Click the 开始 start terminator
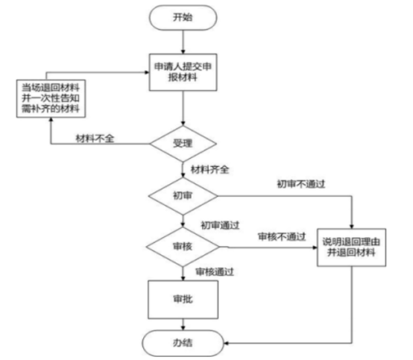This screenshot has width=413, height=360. [183, 17]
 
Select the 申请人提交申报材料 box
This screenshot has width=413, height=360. [183, 72]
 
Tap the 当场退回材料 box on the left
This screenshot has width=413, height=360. [51, 98]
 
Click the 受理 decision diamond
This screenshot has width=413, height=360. [183, 144]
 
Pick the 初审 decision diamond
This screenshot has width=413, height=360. [183, 196]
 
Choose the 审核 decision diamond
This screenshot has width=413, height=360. [183, 247]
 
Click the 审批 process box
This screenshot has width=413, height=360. [183, 300]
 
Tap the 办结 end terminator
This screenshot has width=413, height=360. [183, 343]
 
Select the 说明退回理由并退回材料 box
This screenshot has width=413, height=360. [352, 247]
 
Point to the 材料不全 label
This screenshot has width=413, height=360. [95, 138]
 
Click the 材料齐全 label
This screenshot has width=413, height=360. [210, 169]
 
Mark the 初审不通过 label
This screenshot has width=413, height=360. [301, 184]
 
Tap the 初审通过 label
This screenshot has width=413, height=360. [220, 225]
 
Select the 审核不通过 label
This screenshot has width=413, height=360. [282, 236]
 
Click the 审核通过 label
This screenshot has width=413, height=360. [215, 271]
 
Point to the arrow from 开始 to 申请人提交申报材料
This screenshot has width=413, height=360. [183, 42]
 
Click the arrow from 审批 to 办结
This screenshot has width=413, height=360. [183, 324]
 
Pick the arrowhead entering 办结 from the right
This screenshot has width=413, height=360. [226, 343]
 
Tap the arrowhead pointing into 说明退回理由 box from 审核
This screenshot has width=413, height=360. [315, 247]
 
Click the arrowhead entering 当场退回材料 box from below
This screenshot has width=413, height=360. [51, 120]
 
